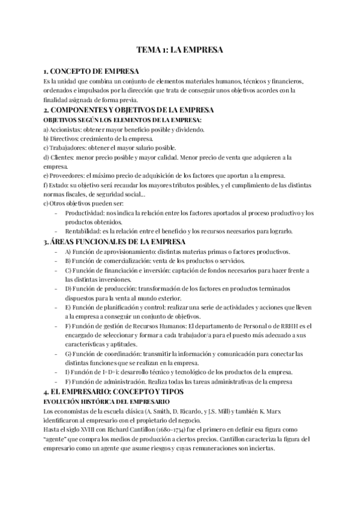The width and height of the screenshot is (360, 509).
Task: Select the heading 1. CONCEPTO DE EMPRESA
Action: click(88, 71)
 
